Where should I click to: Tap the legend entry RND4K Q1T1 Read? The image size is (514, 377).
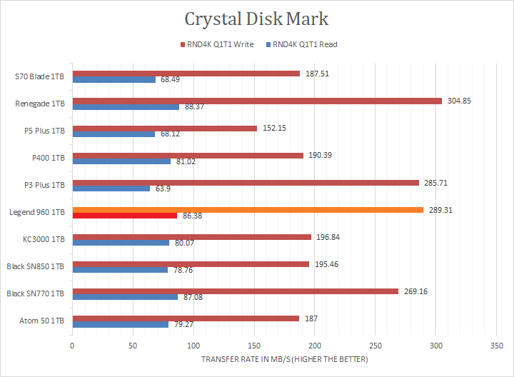(x=304, y=44)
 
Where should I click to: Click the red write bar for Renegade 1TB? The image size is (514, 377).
(x=257, y=101)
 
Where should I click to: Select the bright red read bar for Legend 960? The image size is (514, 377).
(x=124, y=215)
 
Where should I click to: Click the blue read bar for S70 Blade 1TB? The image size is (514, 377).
(x=114, y=79)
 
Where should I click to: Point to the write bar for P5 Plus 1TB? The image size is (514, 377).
(x=164, y=129)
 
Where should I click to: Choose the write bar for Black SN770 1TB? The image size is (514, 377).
(x=235, y=291)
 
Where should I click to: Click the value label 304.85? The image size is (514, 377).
(x=459, y=101)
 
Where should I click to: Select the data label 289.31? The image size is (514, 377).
(x=440, y=210)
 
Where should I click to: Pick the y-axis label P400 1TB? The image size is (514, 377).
(x=49, y=158)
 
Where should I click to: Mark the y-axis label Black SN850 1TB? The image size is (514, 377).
(x=35, y=267)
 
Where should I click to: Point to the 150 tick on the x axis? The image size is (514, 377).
(x=254, y=346)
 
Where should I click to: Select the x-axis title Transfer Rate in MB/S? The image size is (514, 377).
(x=284, y=358)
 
